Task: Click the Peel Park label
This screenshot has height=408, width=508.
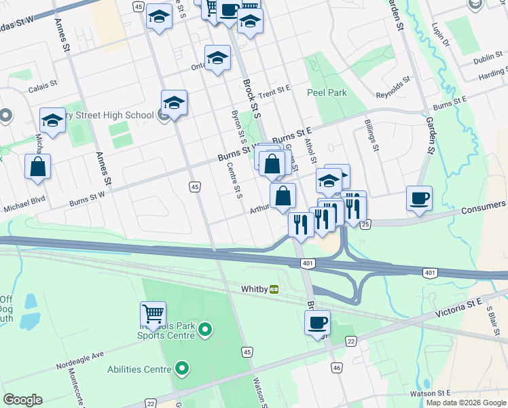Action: tap(327, 92)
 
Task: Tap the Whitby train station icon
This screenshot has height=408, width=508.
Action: tap(274, 289)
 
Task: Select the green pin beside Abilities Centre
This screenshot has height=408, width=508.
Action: tap(181, 369)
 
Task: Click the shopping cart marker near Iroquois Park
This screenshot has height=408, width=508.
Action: tap(153, 315)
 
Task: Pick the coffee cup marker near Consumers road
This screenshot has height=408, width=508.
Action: tap(418, 199)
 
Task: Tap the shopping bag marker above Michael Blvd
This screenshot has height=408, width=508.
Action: tap(38, 167)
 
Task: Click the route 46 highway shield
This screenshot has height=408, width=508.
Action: tap(336, 368)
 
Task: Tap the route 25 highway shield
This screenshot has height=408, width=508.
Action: tap(365, 224)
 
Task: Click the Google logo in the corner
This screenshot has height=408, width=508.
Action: tap(22, 400)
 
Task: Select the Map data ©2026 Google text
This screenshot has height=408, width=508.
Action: tap(466, 403)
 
